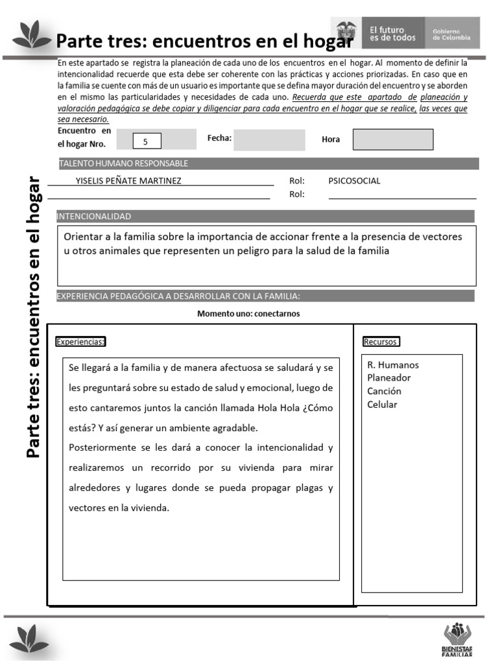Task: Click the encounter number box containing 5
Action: [x=146, y=141]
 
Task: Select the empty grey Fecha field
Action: [x=268, y=140]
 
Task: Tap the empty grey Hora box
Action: [x=393, y=139]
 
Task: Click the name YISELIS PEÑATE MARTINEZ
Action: [x=128, y=181]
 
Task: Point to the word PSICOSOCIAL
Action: [x=354, y=181]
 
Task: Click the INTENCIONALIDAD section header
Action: [x=95, y=217]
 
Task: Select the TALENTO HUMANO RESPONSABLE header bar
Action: [x=123, y=163]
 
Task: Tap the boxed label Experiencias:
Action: [x=81, y=342]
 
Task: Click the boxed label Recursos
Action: [x=381, y=342]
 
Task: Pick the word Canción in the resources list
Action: [x=384, y=391]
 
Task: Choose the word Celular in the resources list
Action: [x=382, y=405]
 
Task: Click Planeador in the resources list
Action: [x=389, y=378]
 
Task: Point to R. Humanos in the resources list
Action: [x=393, y=364]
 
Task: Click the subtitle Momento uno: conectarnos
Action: [x=248, y=314]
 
